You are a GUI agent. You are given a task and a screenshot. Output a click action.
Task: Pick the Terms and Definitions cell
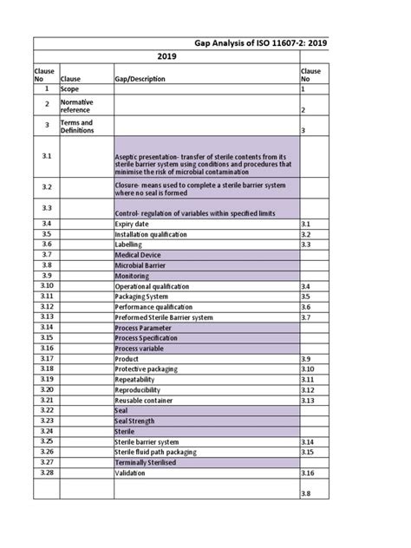[x=76, y=126]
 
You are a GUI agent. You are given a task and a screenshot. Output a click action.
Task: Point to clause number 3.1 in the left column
[x=46, y=155]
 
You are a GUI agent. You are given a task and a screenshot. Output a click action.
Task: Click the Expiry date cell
[x=135, y=224]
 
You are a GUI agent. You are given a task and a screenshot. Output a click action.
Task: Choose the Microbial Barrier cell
[x=140, y=265]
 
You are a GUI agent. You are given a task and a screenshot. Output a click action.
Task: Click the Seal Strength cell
[x=139, y=420]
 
